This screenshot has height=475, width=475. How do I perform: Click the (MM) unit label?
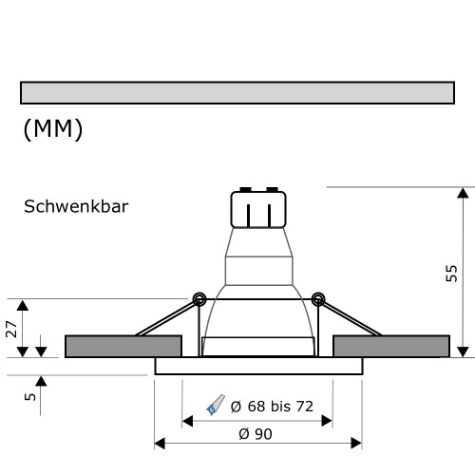(52, 130)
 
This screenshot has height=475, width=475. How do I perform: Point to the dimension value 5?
(30, 390)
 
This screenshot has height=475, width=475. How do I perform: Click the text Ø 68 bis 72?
(272, 407)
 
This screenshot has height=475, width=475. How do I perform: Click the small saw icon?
(216, 407)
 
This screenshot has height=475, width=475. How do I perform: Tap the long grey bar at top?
(237, 92)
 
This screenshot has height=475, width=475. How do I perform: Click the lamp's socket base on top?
(258, 209)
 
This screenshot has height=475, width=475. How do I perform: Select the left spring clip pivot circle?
(199, 299)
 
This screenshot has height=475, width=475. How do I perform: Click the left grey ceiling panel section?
(123, 346)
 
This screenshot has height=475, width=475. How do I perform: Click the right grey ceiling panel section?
(391, 346)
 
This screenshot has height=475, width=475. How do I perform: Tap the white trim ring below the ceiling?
(258, 366)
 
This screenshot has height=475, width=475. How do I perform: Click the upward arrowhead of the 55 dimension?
(463, 194)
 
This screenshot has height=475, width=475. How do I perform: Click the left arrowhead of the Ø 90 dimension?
(160, 444)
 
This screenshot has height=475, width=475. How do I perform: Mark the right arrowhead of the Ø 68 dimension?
(327, 419)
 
